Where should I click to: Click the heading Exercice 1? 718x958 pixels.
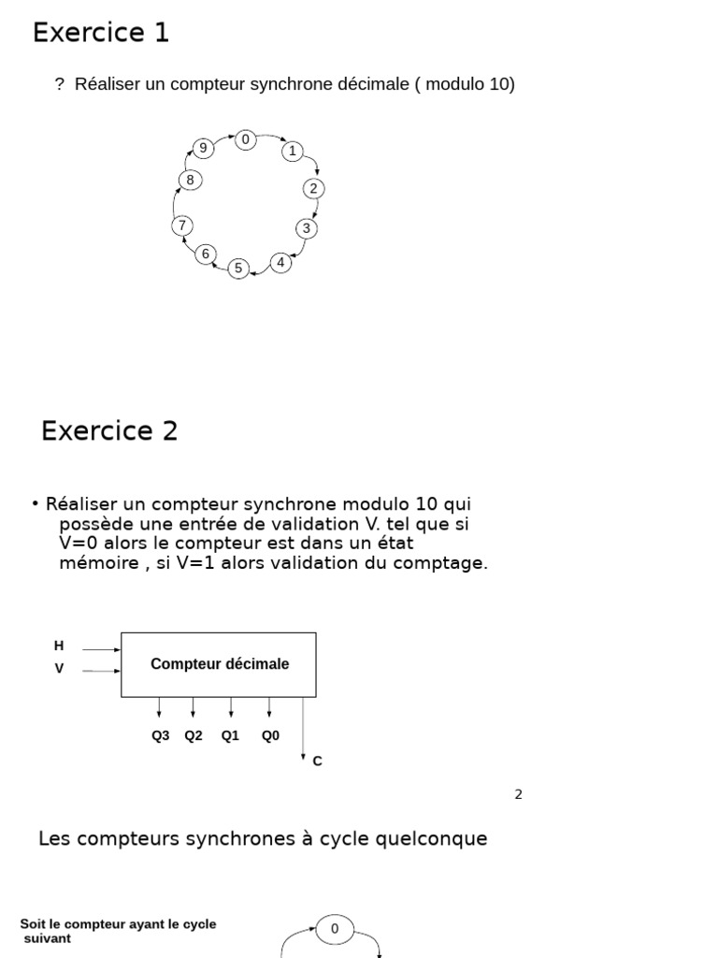[x=101, y=33]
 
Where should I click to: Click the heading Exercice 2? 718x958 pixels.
[x=109, y=431]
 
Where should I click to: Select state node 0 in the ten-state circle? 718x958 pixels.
[x=245, y=139]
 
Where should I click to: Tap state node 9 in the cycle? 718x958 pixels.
[x=202, y=148]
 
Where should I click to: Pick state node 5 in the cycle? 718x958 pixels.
[x=238, y=269]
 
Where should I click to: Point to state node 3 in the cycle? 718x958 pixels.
[x=306, y=228]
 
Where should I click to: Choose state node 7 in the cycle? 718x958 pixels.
[x=182, y=225]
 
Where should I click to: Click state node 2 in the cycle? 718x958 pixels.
[x=313, y=188]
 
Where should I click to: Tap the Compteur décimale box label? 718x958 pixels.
[x=220, y=664]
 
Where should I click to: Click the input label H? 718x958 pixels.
[x=59, y=646]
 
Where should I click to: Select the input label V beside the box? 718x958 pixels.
[x=59, y=669]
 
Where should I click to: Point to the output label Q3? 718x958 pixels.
[x=161, y=735]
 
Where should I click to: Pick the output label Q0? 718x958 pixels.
[x=270, y=735]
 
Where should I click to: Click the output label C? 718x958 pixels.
[x=318, y=762]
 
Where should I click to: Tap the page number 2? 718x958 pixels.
[x=518, y=794]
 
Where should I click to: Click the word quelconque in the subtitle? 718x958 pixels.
[x=433, y=838]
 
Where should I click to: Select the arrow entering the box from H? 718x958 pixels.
[x=101, y=647]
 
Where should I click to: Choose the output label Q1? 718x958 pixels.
[x=230, y=735]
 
